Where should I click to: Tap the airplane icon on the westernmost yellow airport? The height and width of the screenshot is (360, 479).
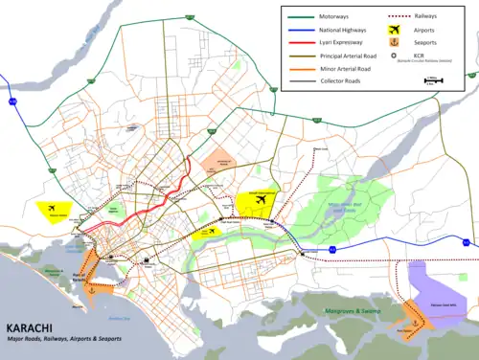(x=50, y=207)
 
